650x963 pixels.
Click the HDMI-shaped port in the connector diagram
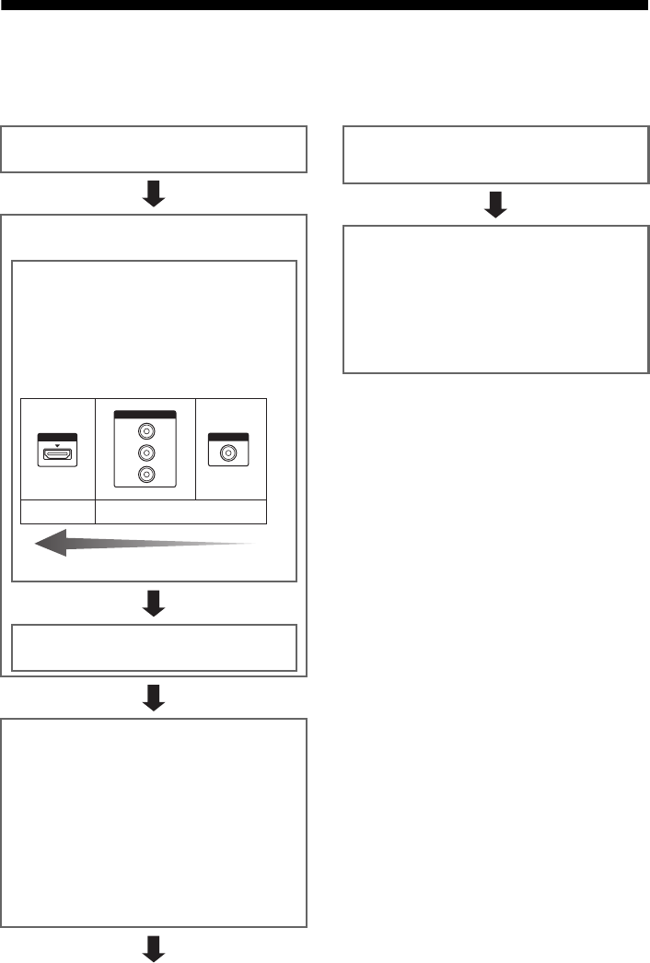click(x=57, y=455)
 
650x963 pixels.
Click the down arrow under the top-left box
click(x=154, y=194)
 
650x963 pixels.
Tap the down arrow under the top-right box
click(x=496, y=206)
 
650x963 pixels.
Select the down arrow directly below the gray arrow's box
click(x=154, y=603)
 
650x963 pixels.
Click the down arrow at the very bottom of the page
click(x=154, y=948)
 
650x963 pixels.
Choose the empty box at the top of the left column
click(x=154, y=149)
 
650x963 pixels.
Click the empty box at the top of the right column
click(x=496, y=156)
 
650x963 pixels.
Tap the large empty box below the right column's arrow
click(x=496, y=299)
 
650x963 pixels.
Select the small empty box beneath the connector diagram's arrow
click(x=154, y=648)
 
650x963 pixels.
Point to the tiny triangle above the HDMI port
click(x=57, y=442)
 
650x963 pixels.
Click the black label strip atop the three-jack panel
click(x=144, y=414)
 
